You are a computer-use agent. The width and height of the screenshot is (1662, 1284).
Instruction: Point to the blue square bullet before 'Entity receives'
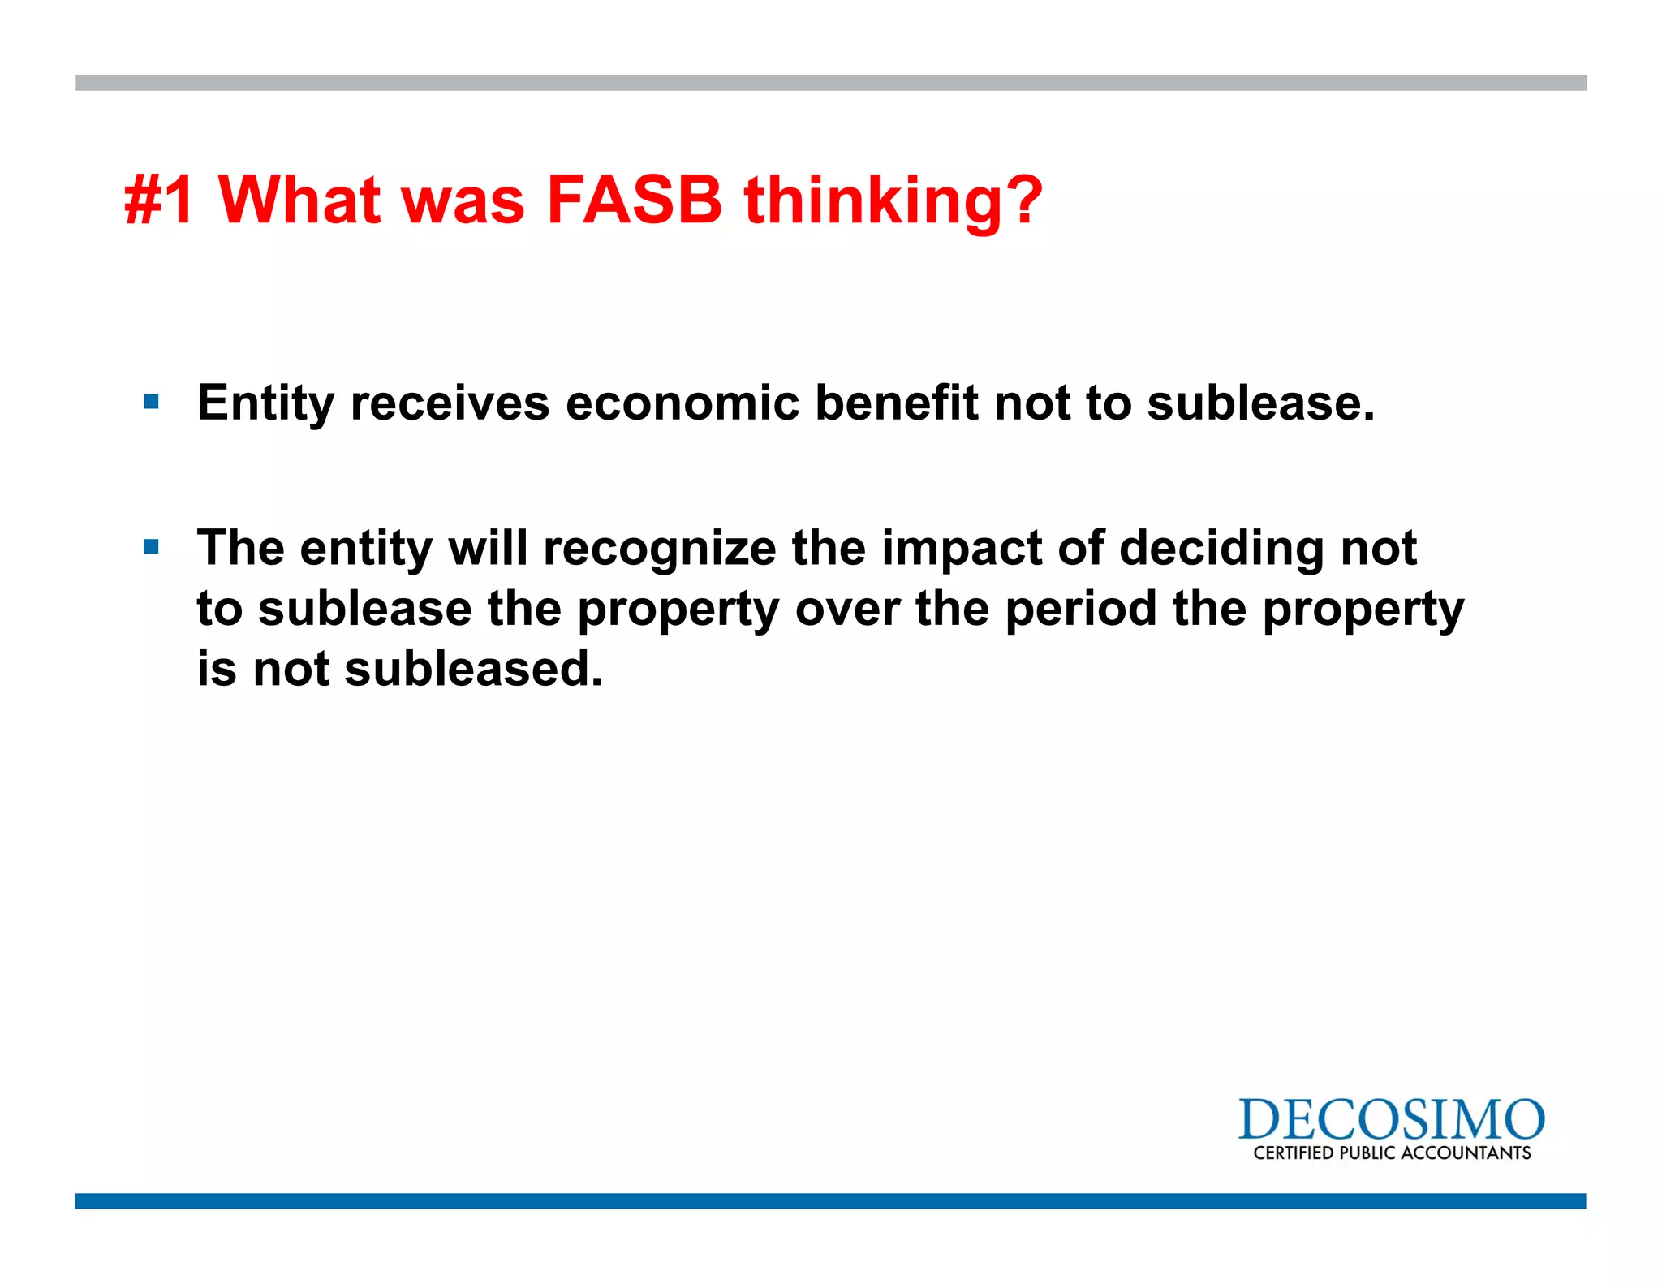point(151,401)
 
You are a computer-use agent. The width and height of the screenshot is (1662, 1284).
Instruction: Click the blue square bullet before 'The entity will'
point(151,546)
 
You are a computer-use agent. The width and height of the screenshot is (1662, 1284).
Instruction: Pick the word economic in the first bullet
point(682,403)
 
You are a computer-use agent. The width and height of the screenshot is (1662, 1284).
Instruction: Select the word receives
point(450,403)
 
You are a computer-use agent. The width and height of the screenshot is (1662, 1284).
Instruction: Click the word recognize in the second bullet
point(659,549)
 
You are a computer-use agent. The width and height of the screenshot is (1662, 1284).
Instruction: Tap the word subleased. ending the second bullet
point(474,670)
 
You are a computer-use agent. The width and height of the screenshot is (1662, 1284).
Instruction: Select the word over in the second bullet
point(847,610)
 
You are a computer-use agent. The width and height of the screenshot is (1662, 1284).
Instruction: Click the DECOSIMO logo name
point(1391,1120)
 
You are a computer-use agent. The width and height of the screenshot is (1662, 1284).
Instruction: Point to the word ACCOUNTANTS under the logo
point(1466,1153)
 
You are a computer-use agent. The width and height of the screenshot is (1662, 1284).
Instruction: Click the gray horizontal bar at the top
point(830,83)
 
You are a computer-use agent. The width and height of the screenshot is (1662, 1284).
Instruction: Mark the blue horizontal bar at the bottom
point(830,1200)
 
